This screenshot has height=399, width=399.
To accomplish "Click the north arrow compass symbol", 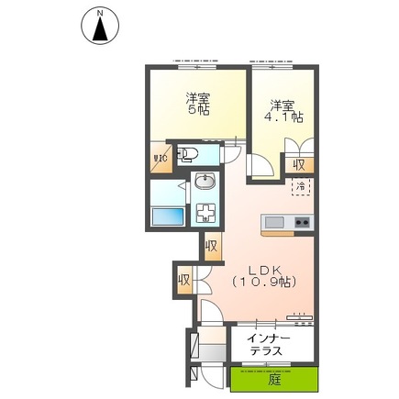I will click(x=100, y=26).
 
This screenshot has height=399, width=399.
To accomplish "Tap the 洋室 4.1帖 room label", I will click(x=283, y=111).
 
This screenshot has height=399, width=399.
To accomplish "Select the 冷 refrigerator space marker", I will click(x=299, y=187).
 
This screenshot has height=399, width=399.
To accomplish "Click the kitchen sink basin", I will click(x=274, y=223).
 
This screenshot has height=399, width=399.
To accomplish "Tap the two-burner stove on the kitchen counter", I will click(x=300, y=223).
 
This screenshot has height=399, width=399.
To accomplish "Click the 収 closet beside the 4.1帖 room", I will click(x=299, y=164).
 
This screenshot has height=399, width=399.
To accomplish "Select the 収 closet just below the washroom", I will click(x=211, y=246).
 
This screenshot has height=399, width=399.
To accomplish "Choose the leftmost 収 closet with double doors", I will click(x=184, y=279).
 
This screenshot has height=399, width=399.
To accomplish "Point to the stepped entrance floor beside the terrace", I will click(x=209, y=353).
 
